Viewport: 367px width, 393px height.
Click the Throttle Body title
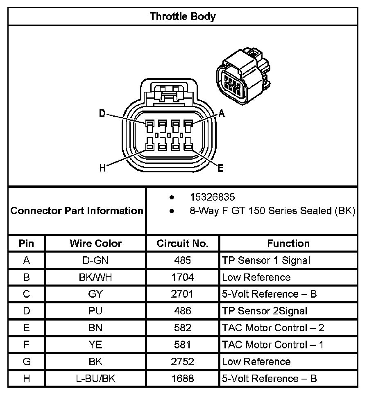183,16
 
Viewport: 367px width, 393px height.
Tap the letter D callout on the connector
102,114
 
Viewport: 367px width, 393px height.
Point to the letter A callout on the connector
222,114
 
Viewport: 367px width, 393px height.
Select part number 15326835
212,197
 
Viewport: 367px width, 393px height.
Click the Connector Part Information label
77,211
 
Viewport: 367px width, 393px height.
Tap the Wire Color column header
95,244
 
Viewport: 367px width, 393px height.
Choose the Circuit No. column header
183,244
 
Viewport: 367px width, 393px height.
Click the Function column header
288,244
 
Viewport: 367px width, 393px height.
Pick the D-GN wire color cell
95,260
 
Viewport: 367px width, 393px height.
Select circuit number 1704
183,277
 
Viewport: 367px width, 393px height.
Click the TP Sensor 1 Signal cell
266,260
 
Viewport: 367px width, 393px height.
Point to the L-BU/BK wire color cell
95,379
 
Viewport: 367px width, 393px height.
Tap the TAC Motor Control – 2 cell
273,328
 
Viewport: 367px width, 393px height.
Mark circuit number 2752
183,362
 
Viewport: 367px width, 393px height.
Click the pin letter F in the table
27,345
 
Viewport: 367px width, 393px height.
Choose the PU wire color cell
95,311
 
